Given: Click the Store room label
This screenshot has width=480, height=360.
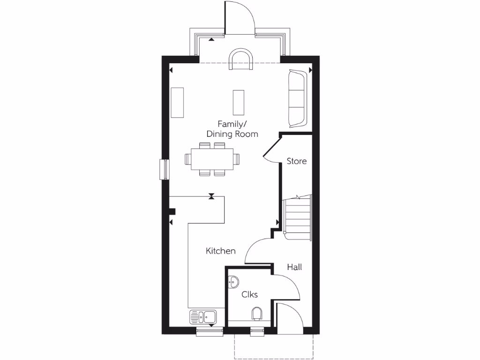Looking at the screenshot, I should coord(297,161).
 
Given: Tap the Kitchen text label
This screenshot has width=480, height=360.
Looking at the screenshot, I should coord(221,251).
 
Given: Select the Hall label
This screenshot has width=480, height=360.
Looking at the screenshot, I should coord(294,267).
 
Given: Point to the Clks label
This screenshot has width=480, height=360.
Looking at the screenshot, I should coord(249,294).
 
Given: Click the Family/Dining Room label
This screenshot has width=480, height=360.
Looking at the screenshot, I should coord(232,129).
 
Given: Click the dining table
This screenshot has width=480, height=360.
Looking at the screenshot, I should coord(212,159).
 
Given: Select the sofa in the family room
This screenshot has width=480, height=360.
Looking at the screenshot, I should coord(297,98).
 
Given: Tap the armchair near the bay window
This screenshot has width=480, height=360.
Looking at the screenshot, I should coord(241,60).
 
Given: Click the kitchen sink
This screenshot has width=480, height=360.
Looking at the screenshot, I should coord(202,317).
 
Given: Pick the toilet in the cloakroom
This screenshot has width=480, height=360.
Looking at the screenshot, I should coord(257,313).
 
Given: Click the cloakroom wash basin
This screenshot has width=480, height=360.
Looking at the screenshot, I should coord(233,282).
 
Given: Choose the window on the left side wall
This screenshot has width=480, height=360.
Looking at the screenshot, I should coord(164,169).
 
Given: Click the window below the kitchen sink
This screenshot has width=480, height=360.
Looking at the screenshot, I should coord(209,331).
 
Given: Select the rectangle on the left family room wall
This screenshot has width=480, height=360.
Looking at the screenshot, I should coord(178,103).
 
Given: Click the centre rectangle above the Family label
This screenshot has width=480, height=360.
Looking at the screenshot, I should coord(239,102).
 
